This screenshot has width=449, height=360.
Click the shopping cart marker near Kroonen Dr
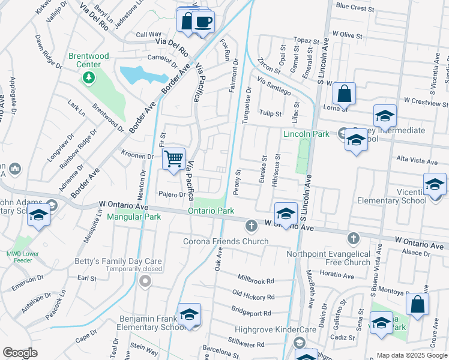[x=173, y=159]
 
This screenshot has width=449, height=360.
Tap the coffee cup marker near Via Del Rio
[x=203, y=23]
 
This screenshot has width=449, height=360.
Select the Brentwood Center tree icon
[x=89, y=77]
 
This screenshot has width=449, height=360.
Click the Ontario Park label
[x=211, y=211]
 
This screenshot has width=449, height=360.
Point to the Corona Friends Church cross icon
[x=251, y=226]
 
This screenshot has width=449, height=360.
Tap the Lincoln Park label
[x=306, y=134]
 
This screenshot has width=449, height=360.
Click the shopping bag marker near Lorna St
[x=345, y=93]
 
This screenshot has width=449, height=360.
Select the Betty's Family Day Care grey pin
[x=144, y=281]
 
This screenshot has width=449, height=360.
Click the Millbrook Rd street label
[x=256, y=280]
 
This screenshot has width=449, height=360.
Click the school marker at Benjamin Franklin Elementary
[x=189, y=315]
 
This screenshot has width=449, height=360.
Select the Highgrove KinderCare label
[x=268, y=330]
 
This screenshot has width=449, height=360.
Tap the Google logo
[x=20, y=353]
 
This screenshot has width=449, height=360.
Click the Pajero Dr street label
[x=172, y=194]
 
